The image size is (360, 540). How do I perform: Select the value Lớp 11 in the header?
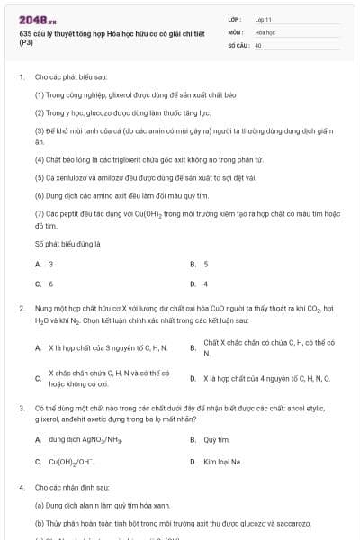[x=263, y=19]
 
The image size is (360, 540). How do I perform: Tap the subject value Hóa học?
[x=265, y=31]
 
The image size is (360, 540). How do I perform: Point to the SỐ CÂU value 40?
[x=258, y=44]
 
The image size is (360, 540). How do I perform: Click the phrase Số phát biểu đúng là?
[x=68, y=243]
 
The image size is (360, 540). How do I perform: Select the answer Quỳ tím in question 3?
[x=217, y=440]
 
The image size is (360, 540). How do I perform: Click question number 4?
[x=21, y=487]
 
